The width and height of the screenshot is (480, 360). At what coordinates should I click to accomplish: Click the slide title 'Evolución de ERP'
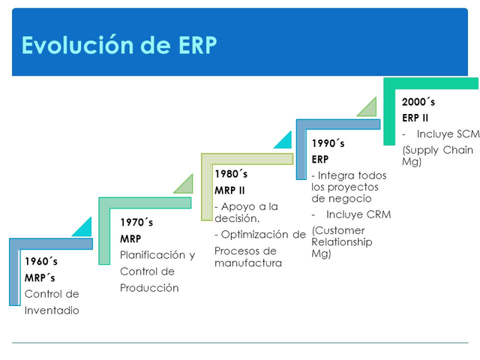[119, 45]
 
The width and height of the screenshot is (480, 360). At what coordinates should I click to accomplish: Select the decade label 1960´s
[40, 262]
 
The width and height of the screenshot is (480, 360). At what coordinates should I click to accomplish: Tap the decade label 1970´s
[136, 222]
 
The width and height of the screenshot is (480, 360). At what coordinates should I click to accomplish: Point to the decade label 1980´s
[231, 174]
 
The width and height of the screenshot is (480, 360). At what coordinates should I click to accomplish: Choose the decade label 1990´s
[328, 142]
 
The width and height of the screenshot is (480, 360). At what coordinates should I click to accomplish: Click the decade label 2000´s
[418, 101]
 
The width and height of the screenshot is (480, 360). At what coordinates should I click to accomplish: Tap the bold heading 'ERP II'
[415, 118]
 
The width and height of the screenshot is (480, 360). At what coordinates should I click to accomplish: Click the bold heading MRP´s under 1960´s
[40, 278]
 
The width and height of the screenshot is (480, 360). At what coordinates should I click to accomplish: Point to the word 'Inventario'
[52, 310]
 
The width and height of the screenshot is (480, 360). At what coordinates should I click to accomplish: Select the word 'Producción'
[149, 288]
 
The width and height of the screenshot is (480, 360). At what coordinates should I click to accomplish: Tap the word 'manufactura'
[248, 263]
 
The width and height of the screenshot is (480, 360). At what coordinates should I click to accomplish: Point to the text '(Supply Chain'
[437, 150]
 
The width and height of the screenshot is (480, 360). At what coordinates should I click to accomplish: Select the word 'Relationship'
[342, 242]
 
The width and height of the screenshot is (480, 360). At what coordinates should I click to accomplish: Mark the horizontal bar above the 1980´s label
[246, 159]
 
